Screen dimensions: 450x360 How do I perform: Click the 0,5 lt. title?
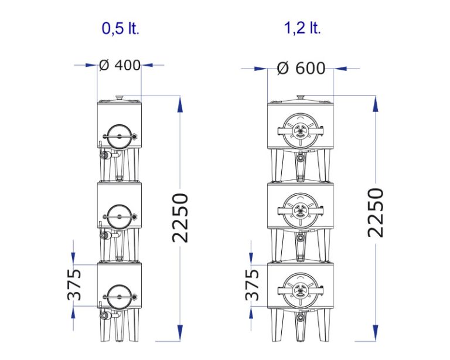click(121, 28)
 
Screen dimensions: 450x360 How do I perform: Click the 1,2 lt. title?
click(302, 28)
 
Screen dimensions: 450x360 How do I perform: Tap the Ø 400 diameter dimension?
click(120, 65)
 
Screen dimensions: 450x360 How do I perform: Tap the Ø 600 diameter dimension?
click(301, 69)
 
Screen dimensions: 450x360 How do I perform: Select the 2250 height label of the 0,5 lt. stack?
click(180, 218)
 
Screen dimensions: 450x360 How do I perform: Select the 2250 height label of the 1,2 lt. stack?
click(376, 213)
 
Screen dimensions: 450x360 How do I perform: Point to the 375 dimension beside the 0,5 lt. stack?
click(74, 284)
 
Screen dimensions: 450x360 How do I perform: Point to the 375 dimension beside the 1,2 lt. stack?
click(252, 284)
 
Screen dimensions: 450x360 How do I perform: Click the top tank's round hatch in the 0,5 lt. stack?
click(120, 137)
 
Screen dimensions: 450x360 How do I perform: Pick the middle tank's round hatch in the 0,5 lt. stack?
click(120, 216)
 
